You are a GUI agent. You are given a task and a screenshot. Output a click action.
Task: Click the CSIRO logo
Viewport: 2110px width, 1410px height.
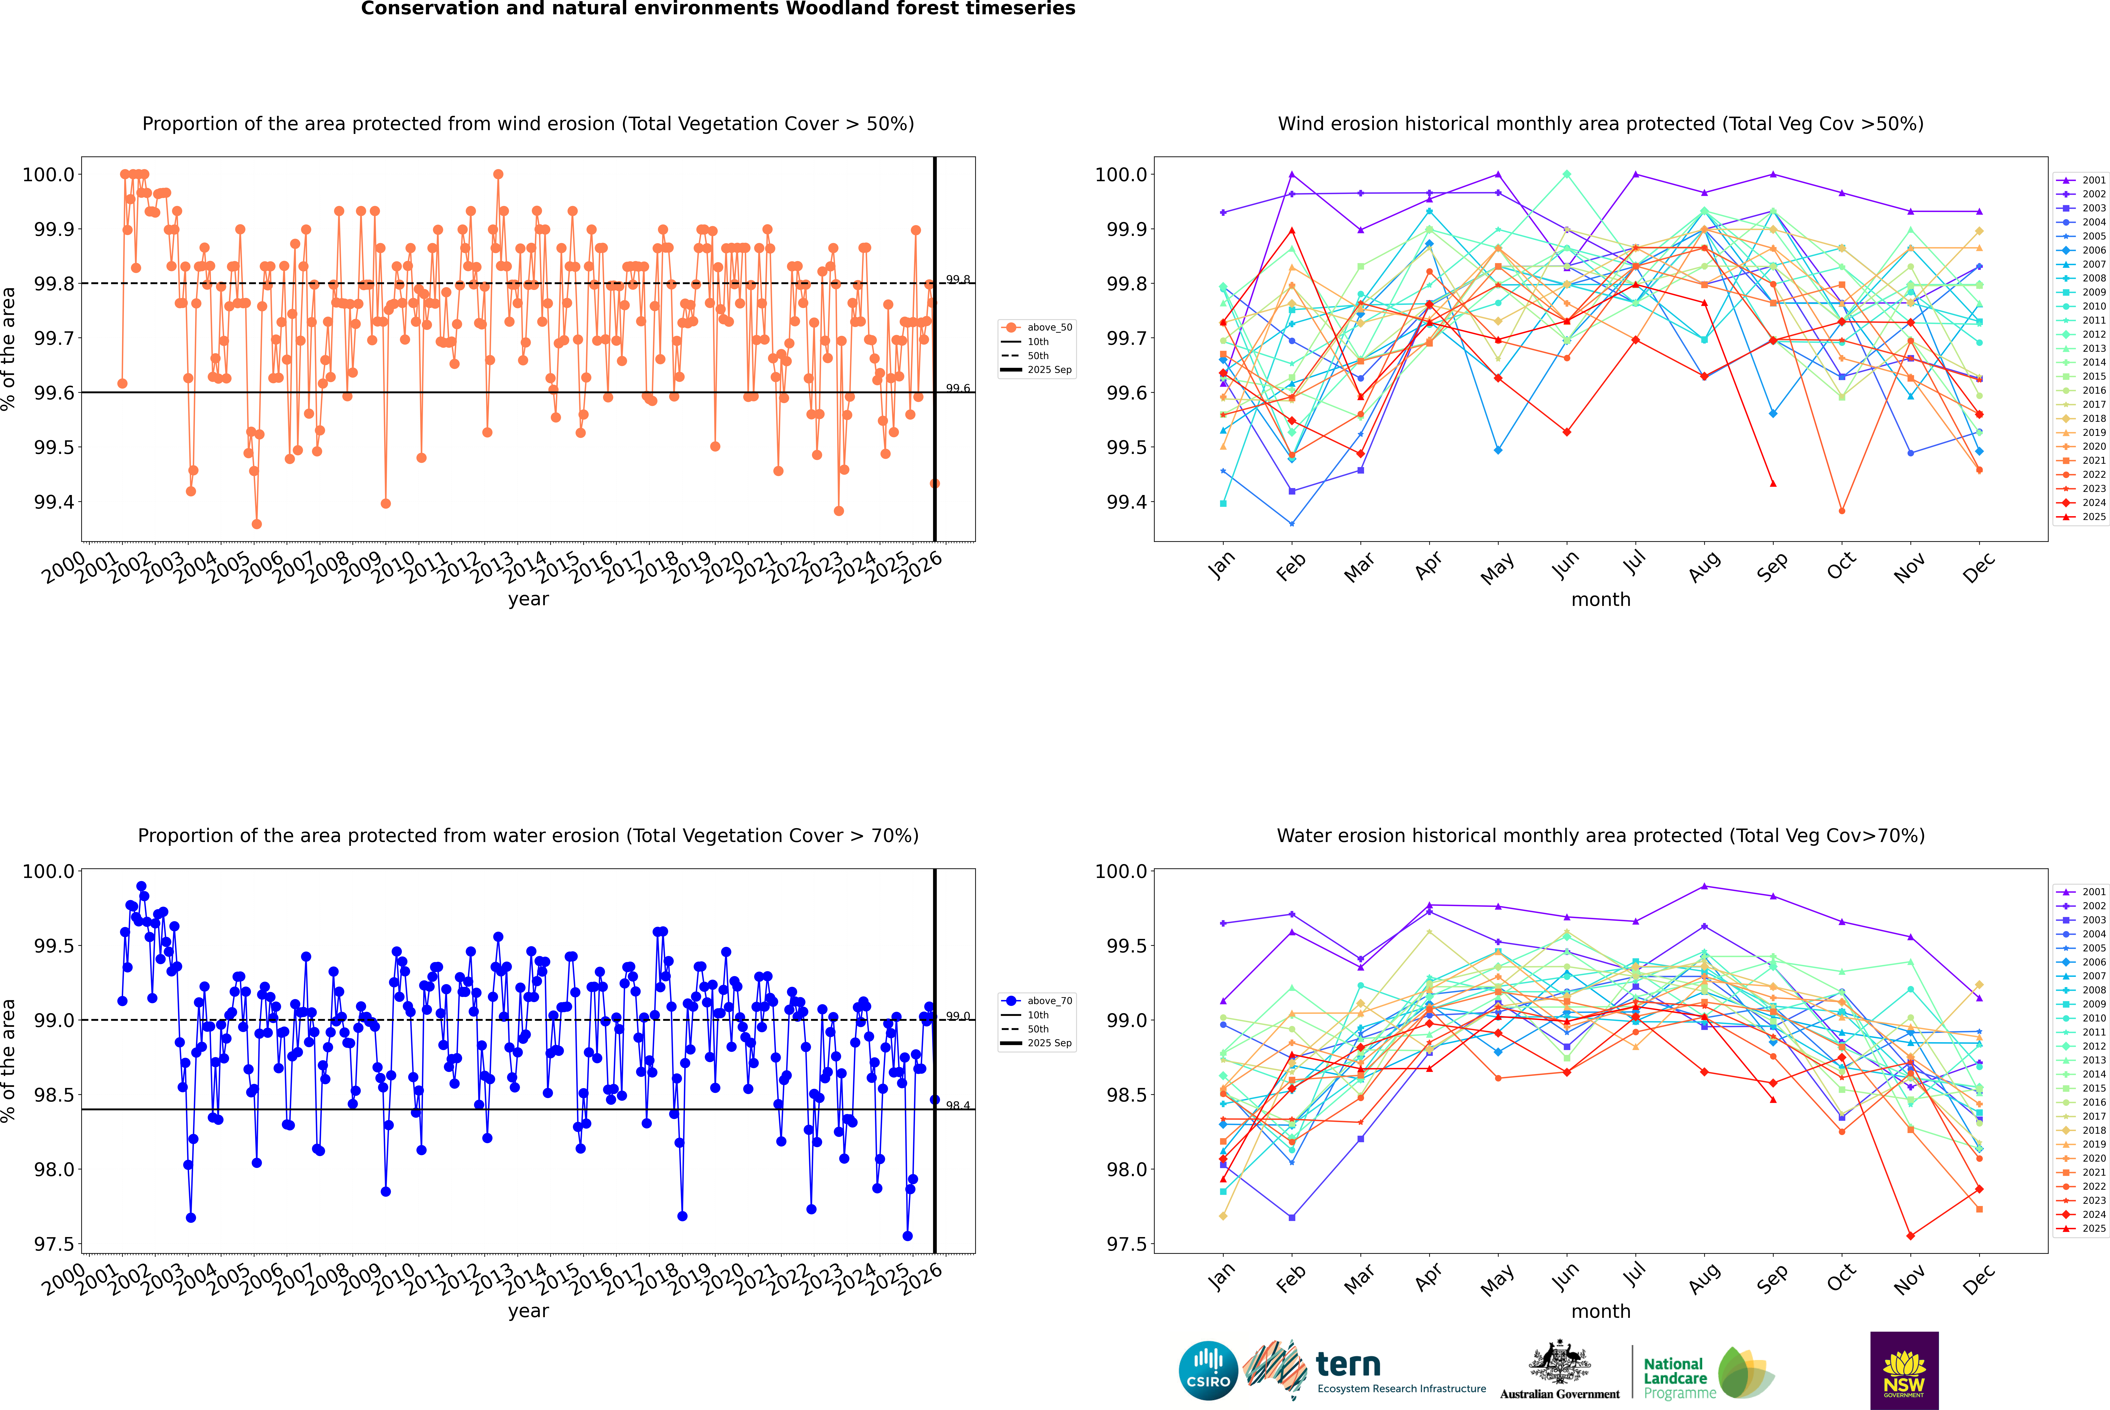(x=1208, y=1370)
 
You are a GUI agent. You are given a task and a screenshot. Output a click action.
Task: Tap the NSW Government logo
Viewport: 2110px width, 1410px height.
(x=1904, y=1370)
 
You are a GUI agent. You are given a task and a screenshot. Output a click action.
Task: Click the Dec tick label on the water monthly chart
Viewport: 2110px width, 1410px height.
(x=1978, y=1279)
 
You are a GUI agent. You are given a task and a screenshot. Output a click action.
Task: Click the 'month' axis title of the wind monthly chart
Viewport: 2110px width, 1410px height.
(x=1600, y=600)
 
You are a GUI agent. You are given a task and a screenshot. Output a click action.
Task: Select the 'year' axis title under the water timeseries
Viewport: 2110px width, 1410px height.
(x=528, y=1311)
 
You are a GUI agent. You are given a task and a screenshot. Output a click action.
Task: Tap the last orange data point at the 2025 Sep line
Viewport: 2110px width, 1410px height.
(x=935, y=484)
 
